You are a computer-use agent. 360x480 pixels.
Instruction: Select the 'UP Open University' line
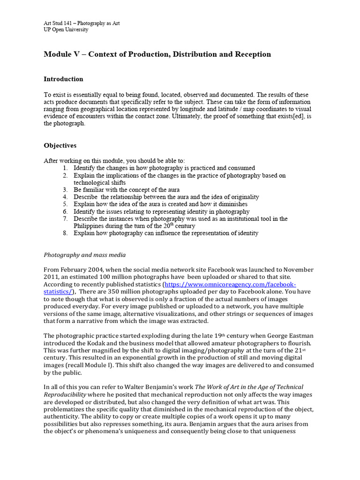click(66, 30)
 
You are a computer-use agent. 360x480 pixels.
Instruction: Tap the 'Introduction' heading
click(63, 79)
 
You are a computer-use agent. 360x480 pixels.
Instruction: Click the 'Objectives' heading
click(60, 146)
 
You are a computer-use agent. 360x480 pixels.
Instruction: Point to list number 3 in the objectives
click(65, 189)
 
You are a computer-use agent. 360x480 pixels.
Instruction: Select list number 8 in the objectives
click(65, 233)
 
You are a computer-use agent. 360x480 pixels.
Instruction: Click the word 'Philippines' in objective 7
click(89, 226)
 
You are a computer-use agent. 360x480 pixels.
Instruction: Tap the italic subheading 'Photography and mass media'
click(84, 255)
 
